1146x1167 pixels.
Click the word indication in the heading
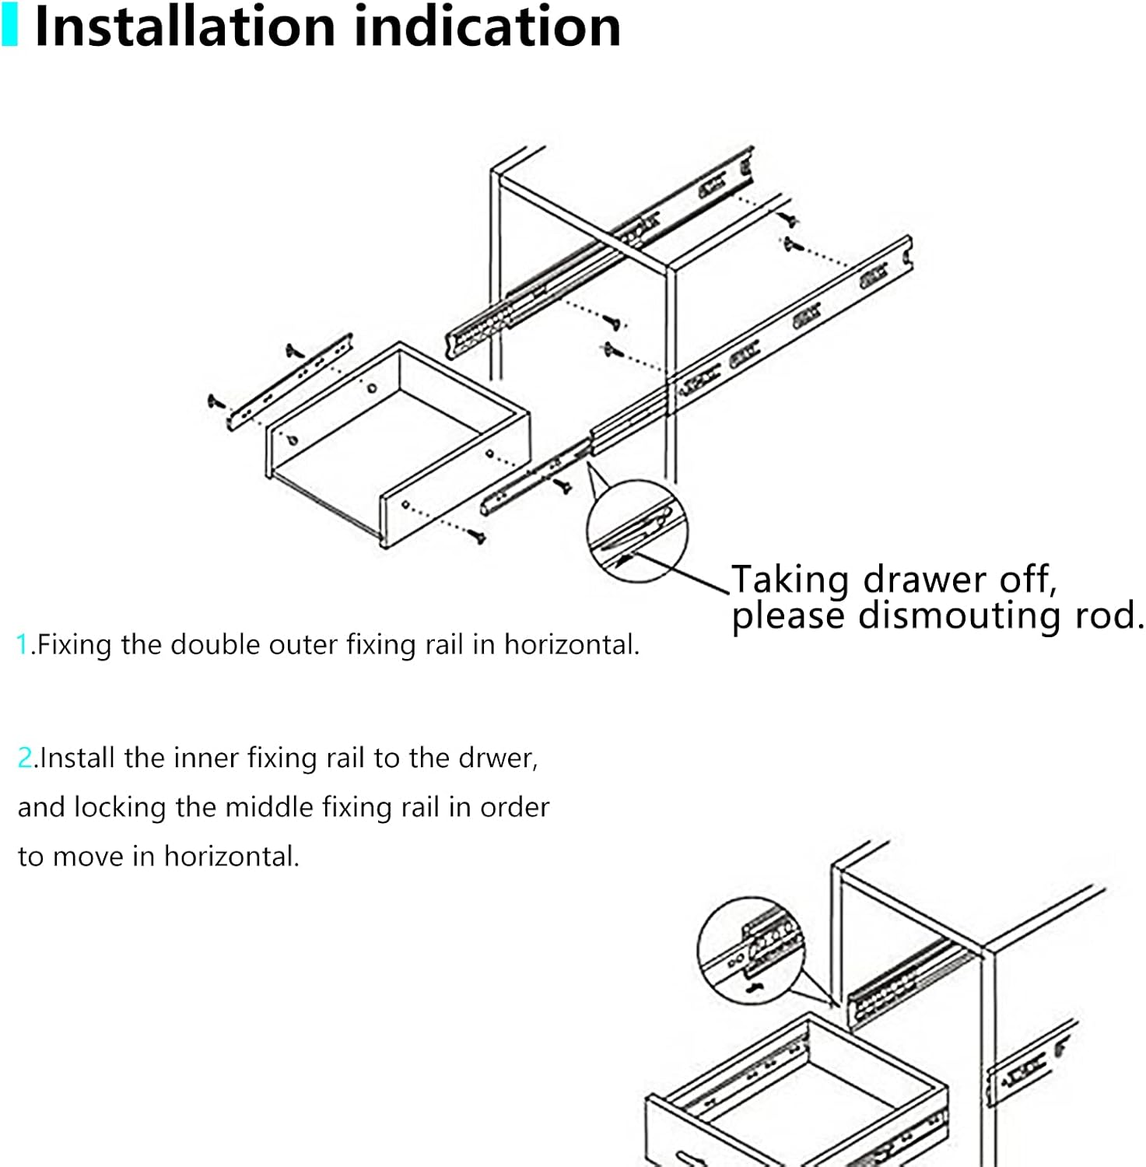487,27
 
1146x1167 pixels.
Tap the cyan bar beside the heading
9,26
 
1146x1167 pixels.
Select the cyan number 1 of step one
22,645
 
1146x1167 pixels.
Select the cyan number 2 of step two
25,758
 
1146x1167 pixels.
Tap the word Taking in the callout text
790,581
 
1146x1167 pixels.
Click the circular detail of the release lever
636,531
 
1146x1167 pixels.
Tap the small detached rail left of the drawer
290,382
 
